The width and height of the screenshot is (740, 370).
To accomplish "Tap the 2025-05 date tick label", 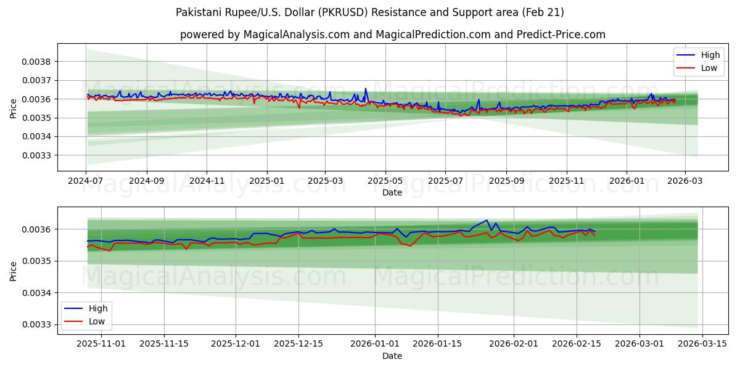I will [x=385, y=181].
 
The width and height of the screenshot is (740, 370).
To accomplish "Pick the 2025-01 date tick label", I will [x=266, y=181].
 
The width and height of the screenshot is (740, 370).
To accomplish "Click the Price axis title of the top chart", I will [x=14, y=108].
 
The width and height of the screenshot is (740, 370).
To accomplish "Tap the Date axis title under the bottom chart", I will [x=392, y=356].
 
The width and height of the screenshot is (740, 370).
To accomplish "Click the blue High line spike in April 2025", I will [x=365, y=89].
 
